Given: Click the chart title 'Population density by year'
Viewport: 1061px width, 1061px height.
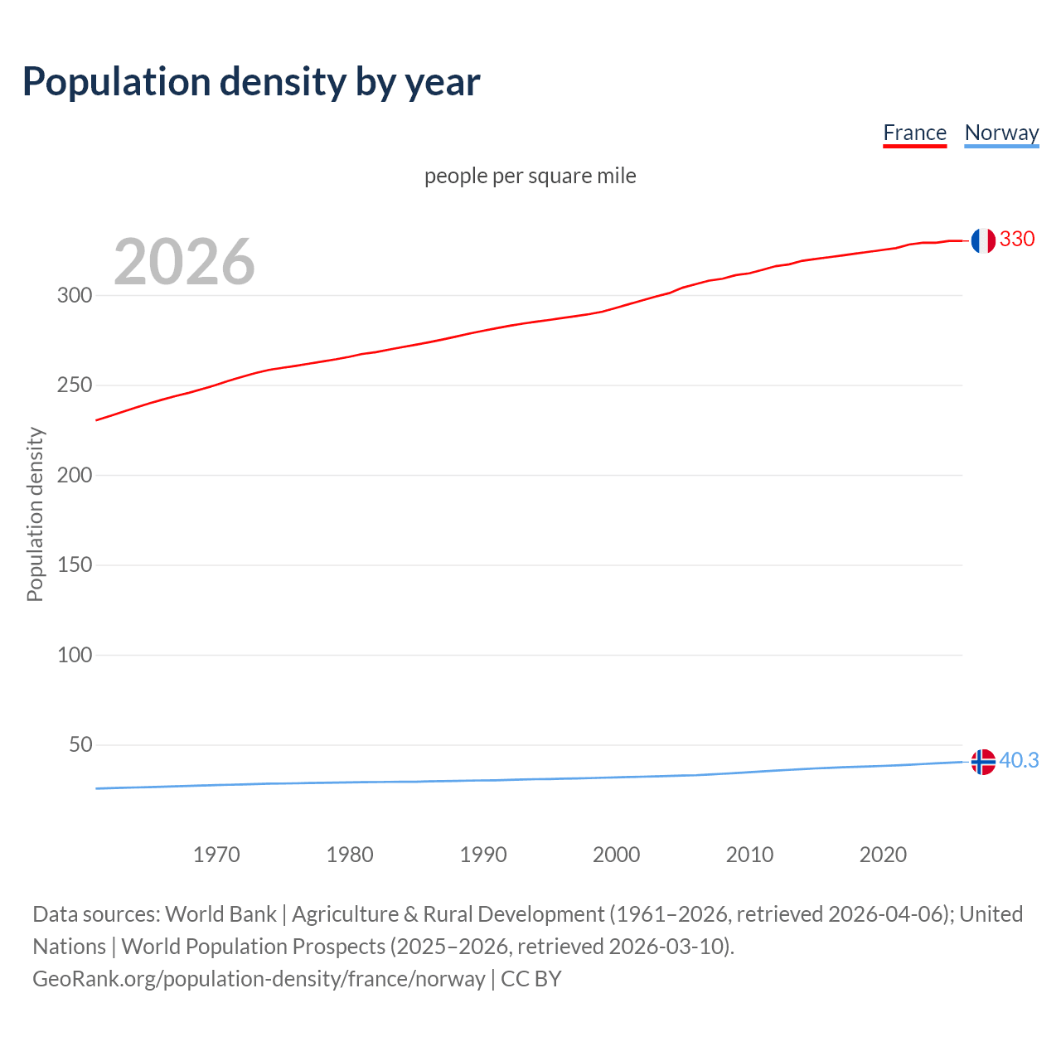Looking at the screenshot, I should (x=251, y=82).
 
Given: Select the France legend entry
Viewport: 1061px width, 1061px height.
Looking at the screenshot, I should (x=914, y=133).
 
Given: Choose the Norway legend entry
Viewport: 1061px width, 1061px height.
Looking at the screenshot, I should (x=1001, y=133).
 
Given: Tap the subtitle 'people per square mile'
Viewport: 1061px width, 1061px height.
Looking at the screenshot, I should (x=530, y=176).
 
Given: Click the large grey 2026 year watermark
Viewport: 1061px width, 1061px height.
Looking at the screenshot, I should (x=184, y=262).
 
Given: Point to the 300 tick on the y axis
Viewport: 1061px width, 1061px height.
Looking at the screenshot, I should (x=75, y=296).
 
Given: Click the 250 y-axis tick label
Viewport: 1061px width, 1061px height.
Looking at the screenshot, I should (x=75, y=385).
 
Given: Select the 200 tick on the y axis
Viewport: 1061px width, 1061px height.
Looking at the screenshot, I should (x=75, y=475).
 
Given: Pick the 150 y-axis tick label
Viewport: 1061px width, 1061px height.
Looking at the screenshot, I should (x=75, y=565).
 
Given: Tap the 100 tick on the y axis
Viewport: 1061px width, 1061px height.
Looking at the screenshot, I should (x=75, y=655).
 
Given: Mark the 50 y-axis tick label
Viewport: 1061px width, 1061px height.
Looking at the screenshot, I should (x=80, y=744).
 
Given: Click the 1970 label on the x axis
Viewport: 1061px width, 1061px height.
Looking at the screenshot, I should (x=216, y=855).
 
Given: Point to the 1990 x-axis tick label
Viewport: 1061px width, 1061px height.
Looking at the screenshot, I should (x=483, y=855).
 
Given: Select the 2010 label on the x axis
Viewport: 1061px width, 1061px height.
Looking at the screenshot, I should (x=749, y=855).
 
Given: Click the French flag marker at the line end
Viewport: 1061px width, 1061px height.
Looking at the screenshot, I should (x=983, y=240).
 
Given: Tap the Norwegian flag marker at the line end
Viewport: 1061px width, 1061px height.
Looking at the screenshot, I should (x=983, y=761).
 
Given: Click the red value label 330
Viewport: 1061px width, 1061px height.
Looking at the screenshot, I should (x=1017, y=240).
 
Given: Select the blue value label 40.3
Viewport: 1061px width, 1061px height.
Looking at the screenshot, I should (x=1019, y=760).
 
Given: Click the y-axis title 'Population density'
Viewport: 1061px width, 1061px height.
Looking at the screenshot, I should (x=35, y=514).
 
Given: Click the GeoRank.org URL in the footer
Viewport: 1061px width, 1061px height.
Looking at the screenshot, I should (x=259, y=979).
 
